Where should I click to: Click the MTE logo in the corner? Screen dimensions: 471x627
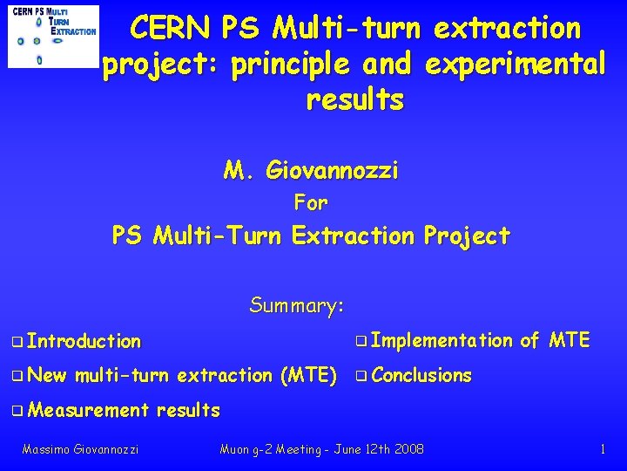(52, 36)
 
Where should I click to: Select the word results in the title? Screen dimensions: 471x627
(354, 100)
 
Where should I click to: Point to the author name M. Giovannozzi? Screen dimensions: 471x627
(311, 169)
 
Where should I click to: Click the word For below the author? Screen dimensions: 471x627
(311, 203)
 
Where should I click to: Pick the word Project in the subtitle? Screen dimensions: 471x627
(466, 235)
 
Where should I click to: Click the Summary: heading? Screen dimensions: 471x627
(298, 305)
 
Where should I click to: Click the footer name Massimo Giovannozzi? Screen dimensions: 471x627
(80, 449)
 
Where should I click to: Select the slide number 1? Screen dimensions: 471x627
(603, 449)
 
